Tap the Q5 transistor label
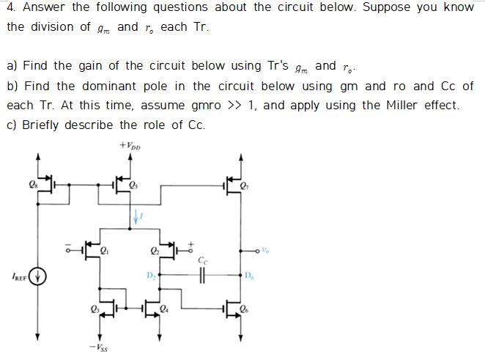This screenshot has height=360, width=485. tap(133, 185)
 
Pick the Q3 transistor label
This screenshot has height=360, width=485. tap(93, 309)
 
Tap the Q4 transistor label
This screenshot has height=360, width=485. tap(164, 309)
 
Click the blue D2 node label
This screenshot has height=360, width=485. tap(150, 276)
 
